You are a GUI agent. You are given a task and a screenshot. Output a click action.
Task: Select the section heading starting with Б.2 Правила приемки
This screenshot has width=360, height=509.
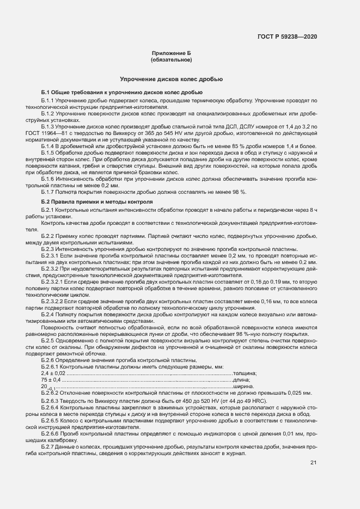(97, 201)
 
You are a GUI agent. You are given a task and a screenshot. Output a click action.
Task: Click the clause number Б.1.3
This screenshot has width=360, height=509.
(48, 126)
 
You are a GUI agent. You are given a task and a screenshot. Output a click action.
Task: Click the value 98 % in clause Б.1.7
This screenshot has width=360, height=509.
(239, 192)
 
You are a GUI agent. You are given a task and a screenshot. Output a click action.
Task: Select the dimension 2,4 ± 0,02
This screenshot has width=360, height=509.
(53, 372)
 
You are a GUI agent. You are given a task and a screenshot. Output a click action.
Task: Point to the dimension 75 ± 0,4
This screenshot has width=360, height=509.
(51, 379)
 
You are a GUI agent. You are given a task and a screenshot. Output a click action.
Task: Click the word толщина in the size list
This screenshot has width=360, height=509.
(246, 372)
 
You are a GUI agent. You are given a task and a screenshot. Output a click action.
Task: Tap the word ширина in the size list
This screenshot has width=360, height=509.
(244, 386)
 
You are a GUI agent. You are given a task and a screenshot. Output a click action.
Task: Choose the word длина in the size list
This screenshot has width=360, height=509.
(242, 379)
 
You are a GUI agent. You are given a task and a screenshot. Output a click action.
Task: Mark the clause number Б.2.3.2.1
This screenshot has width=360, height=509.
(53, 282)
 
